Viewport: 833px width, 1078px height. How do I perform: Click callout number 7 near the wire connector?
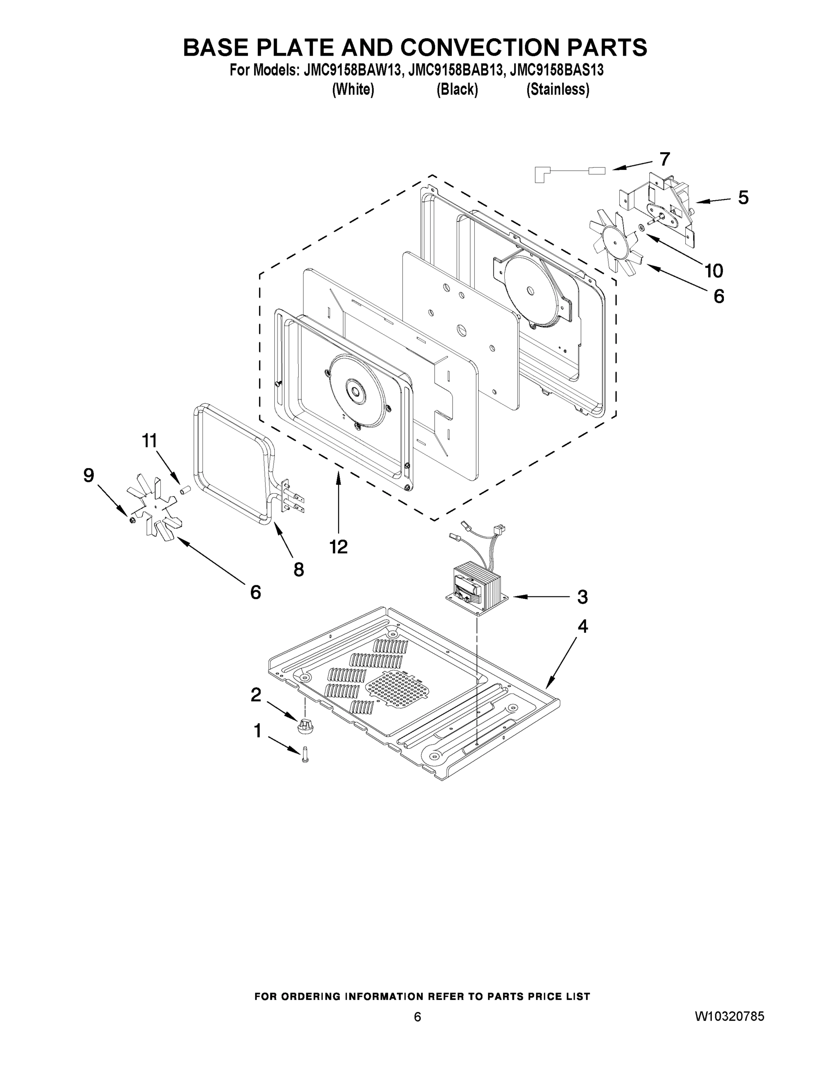click(664, 159)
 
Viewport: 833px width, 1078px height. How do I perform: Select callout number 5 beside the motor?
click(743, 198)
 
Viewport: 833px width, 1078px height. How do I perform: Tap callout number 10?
click(714, 270)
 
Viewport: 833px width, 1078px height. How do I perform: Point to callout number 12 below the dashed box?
click(339, 546)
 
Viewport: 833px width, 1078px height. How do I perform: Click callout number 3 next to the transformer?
click(582, 597)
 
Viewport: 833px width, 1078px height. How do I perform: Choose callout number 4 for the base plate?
click(583, 627)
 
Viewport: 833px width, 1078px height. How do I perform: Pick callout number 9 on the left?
click(88, 475)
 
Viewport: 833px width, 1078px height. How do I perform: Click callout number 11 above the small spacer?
click(149, 440)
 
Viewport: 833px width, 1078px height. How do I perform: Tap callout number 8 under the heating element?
click(299, 570)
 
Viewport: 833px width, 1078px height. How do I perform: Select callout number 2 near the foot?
click(256, 695)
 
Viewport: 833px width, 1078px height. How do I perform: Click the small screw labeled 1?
click(304, 755)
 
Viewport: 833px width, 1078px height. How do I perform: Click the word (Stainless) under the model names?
click(558, 90)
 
